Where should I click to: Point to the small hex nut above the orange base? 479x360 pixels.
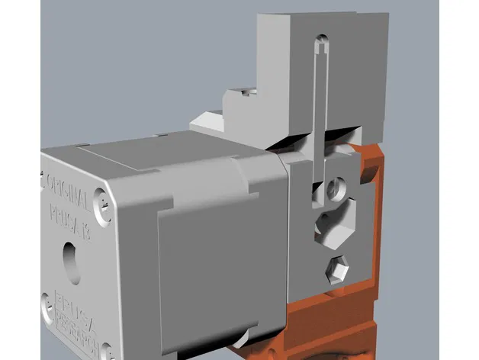337,269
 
